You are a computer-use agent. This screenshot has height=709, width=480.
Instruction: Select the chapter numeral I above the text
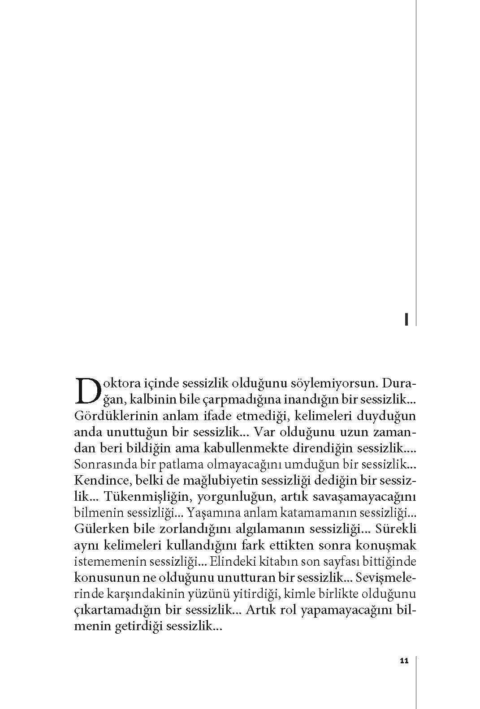(x=406, y=319)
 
